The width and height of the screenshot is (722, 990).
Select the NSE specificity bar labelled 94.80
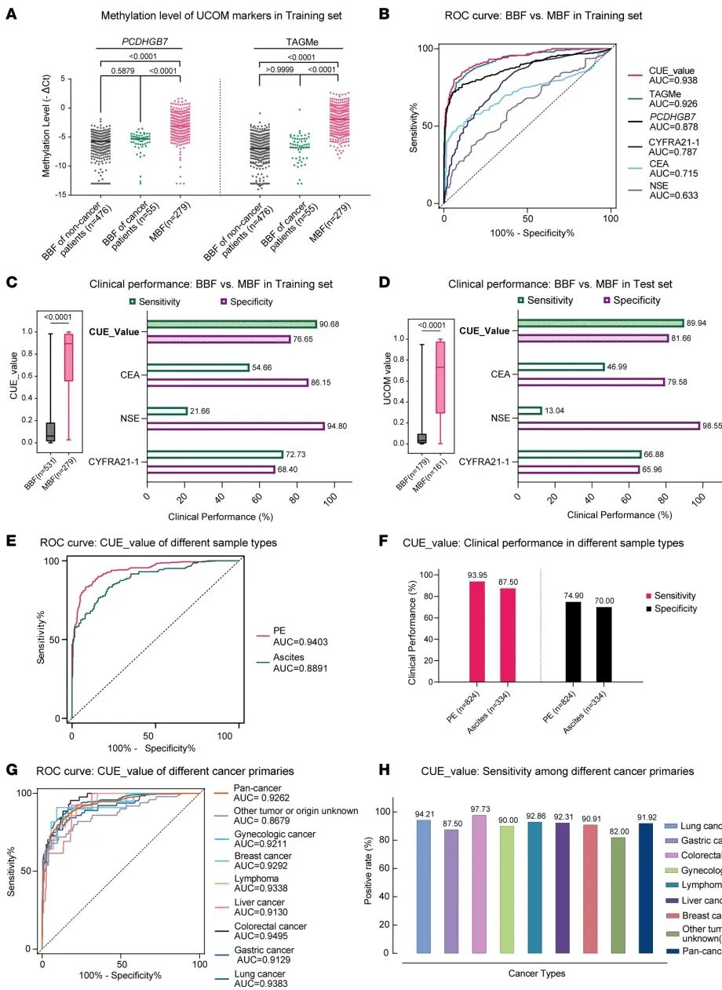coord(235,426)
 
